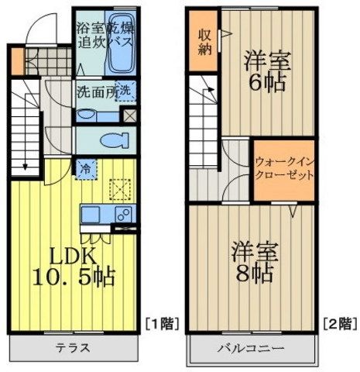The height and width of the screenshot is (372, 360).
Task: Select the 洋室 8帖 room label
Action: [255, 262]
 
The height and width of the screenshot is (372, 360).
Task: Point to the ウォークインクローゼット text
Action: [284, 169]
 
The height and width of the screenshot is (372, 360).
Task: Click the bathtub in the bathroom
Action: [122, 40]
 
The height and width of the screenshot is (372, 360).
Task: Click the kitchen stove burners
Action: [122, 214]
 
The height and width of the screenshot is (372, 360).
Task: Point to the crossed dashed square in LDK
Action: [120, 188]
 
